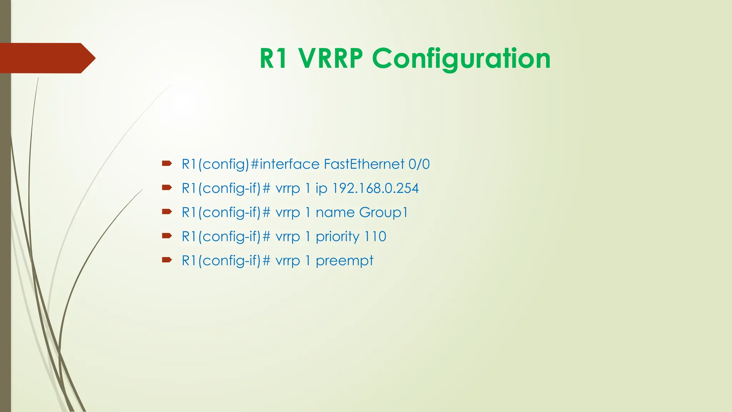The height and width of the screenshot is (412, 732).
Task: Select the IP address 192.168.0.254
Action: tap(375, 188)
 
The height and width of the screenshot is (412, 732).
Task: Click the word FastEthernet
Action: tap(364, 164)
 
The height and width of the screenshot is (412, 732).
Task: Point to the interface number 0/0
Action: tap(419, 164)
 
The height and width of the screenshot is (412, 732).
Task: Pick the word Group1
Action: tap(383, 212)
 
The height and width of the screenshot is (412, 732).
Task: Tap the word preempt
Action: tap(345, 261)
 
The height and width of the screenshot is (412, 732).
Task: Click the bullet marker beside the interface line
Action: tap(167, 164)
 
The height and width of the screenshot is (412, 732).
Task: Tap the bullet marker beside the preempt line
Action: tap(167, 260)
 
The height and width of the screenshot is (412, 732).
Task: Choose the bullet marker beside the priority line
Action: tap(167, 236)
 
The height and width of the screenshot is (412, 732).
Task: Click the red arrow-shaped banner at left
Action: tap(46, 58)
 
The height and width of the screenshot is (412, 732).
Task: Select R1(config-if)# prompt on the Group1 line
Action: tap(226, 212)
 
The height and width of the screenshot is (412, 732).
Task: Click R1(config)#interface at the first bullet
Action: tap(250, 164)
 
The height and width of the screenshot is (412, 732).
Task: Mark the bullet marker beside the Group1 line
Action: tap(167, 212)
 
